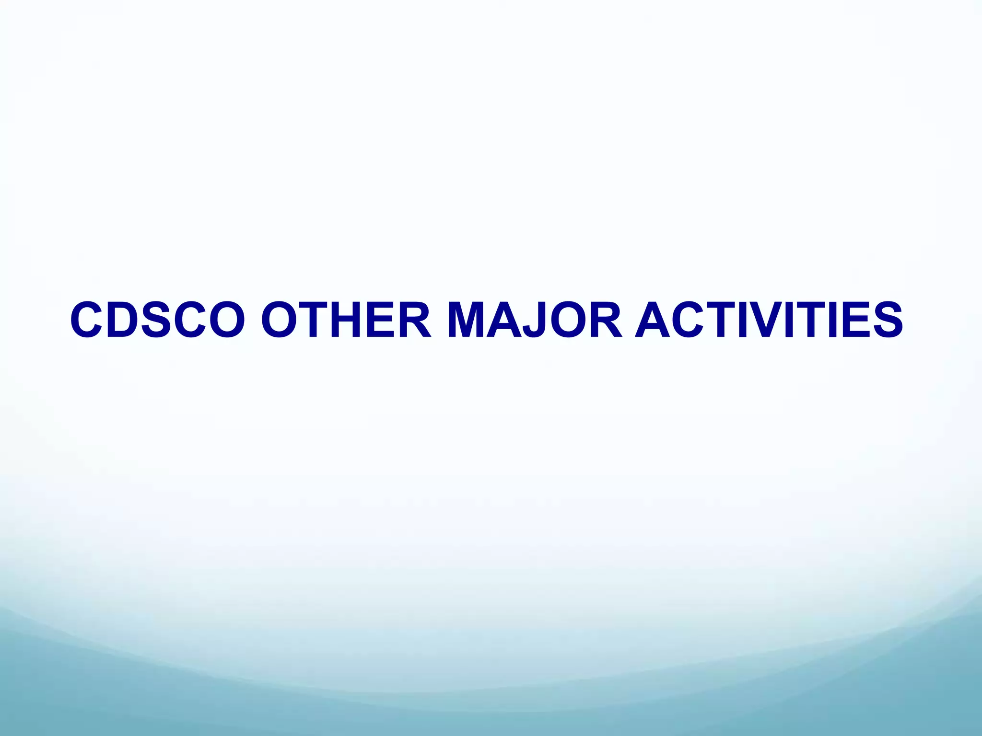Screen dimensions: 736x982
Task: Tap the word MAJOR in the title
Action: (535, 320)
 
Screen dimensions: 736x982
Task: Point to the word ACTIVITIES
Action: (769, 320)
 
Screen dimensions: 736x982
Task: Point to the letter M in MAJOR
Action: (467, 320)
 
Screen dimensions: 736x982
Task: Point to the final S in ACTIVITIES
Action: (885, 320)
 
